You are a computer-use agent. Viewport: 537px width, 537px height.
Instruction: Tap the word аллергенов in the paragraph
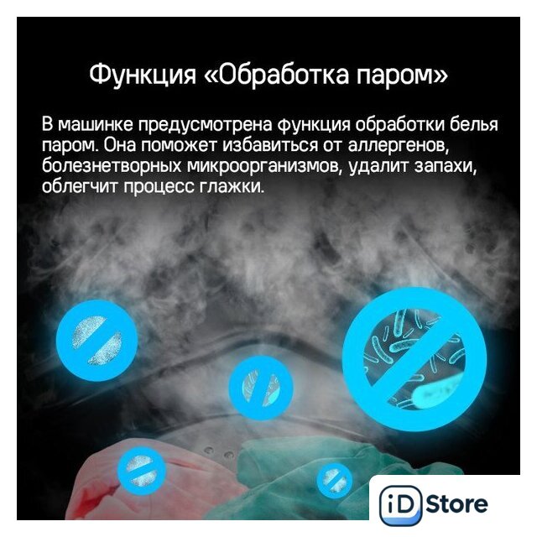coord(399,146)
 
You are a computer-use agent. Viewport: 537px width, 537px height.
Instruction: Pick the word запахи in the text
coord(446,167)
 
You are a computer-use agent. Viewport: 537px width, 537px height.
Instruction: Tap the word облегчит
coord(80,187)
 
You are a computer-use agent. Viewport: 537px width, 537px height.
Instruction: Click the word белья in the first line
coord(473,124)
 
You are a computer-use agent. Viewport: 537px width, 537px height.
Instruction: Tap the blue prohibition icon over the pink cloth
coord(142,472)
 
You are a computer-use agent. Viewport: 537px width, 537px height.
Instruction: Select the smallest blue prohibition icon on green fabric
coord(334,480)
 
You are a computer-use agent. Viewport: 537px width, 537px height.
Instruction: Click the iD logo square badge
coord(401,505)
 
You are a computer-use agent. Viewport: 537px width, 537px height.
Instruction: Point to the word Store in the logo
coord(456,504)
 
